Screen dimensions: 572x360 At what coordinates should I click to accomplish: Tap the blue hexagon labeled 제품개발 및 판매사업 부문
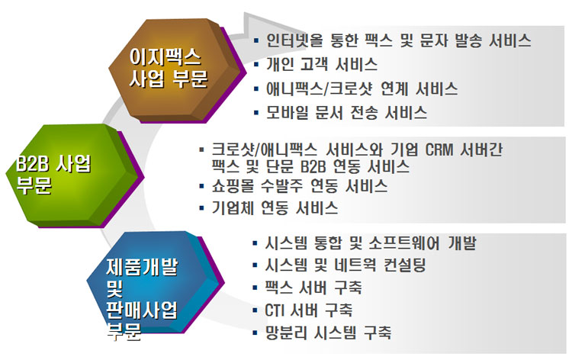[155, 282]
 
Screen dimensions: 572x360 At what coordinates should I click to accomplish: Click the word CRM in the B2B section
[439, 150]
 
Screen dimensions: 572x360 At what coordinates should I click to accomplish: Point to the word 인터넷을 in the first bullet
[294, 40]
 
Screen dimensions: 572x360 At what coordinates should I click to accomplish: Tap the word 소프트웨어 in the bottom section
[404, 243]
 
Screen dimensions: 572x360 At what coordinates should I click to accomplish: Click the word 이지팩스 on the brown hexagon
[165, 57]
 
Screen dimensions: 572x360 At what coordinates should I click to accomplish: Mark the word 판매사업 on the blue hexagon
[142, 310]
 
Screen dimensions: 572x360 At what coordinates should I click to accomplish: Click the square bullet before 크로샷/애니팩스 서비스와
[202, 149]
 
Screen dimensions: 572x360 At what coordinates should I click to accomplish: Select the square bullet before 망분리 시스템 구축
[255, 333]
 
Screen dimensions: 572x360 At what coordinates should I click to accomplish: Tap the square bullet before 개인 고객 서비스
[256, 65]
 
